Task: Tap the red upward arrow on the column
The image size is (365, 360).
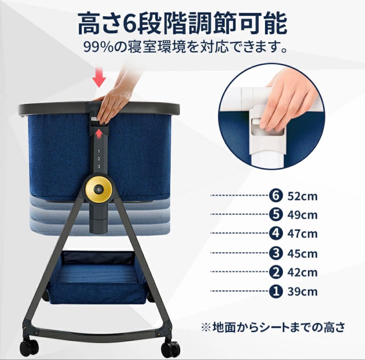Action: (99, 134)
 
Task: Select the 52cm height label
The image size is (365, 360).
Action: (302, 196)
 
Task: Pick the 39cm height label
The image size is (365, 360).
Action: (302, 292)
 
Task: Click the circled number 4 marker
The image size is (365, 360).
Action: (276, 233)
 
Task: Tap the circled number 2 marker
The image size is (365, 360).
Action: (276, 272)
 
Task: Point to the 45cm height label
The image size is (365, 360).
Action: (302, 253)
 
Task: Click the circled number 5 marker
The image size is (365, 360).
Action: (276, 215)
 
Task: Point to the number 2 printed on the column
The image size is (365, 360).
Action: (99, 159)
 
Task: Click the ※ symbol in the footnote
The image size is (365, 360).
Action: (206, 328)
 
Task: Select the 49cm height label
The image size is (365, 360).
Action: (302, 215)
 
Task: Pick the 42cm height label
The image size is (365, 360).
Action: (302, 272)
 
